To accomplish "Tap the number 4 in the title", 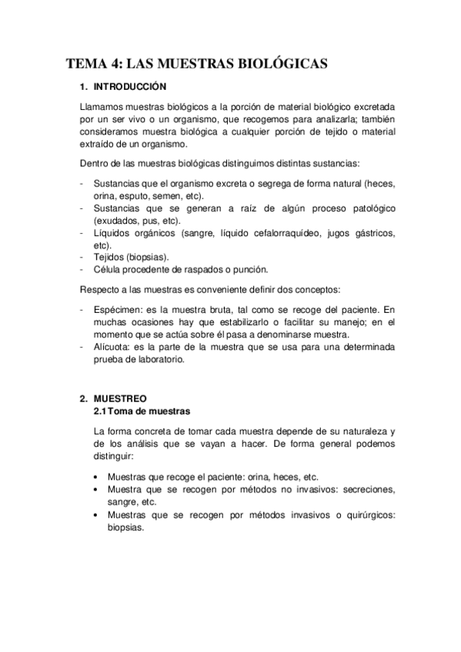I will pyautogui.click(x=113, y=64).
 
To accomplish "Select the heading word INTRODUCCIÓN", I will pyautogui.click(x=129, y=88).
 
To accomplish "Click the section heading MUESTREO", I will pyautogui.click(x=120, y=400).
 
